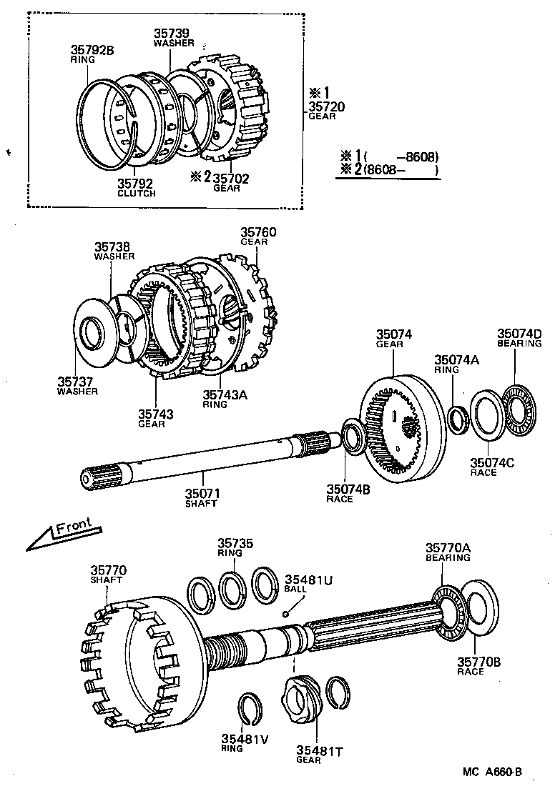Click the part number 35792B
tap(92, 50)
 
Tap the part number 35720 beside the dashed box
tap(326, 106)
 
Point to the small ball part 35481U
tap(285, 612)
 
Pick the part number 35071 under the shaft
tap(202, 493)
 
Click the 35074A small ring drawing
tap(458, 418)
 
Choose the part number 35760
tap(257, 232)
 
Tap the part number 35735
tap(236, 544)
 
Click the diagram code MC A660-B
tap(492, 772)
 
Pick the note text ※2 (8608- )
tap(389, 169)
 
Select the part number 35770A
tap(448, 547)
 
